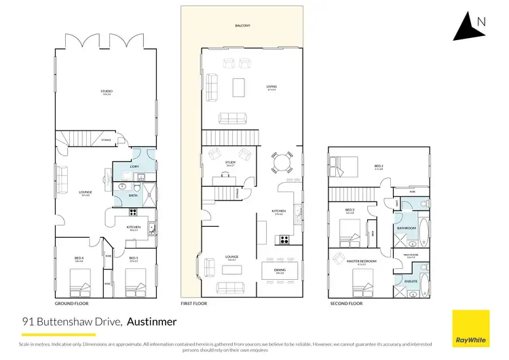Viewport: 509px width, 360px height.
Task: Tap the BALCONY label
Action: (242, 26)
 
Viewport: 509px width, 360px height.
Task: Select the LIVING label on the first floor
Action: (272, 87)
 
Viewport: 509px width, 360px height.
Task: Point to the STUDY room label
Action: (230, 162)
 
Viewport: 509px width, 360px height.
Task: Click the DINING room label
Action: (279, 270)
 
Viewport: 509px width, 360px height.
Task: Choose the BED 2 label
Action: (379, 166)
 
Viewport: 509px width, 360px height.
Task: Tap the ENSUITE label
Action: (411, 280)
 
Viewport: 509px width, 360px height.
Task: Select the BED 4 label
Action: (79, 258)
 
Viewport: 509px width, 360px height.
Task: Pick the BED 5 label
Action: (133, 258)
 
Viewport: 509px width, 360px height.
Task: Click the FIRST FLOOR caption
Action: (193, 304)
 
